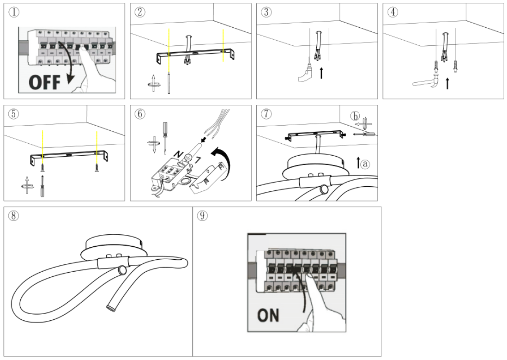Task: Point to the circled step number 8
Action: point(13,215)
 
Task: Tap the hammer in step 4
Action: point(427,83)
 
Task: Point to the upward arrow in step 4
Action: point(447,84)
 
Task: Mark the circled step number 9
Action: point(201,215)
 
